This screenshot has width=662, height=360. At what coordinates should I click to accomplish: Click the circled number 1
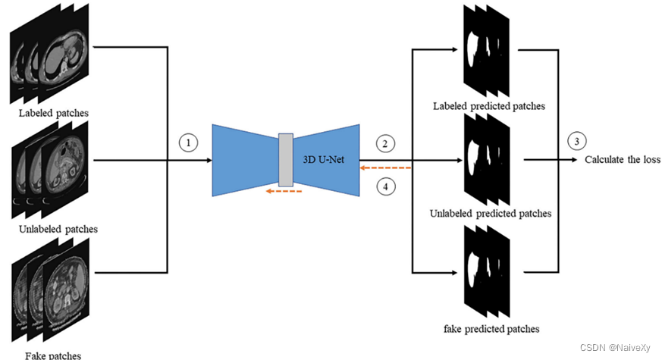click(x=187, y=142)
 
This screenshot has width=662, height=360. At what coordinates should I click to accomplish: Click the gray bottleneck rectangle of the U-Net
click(x=285, y=159)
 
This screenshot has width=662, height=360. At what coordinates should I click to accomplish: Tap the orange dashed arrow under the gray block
click(x=284, y=191)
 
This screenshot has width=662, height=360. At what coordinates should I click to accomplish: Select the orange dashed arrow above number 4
click(x=386, y=167)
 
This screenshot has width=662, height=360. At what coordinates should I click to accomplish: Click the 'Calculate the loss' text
click(x=622, y=160)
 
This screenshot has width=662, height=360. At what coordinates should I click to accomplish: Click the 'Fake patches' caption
click(x=53, y=354)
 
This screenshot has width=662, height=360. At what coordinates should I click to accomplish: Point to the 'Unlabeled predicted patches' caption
click(x=491, y=213)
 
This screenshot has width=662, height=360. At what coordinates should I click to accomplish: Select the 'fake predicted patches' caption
click(x=491, y=329)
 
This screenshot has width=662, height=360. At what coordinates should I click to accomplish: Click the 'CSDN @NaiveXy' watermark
click(x=616, y=347)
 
